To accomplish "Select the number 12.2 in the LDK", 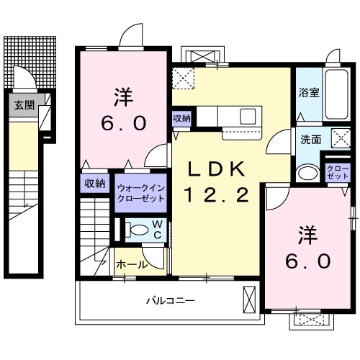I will pos(217,194).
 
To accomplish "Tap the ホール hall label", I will pos(132,264).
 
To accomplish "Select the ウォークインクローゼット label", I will pos(141,194).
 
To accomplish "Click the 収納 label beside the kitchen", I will pos(181,118).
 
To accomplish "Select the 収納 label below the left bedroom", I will pos(95,183).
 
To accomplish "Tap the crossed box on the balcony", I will pos(249,298).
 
